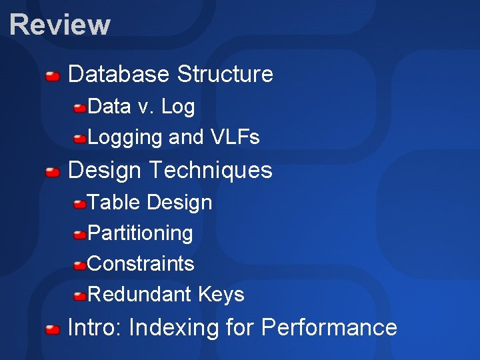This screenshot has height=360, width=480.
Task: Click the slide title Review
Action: tap(60, 25)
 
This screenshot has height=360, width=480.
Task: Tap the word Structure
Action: tap(225, 74)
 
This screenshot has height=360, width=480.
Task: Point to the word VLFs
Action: tap(235, 137)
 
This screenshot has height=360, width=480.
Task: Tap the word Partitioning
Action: tap(140, 233)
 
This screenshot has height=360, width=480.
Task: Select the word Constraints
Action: tap(141, 264)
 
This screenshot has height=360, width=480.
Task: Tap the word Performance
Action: tap(329, 327)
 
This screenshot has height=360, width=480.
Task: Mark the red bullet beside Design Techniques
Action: tap(53, 172)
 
